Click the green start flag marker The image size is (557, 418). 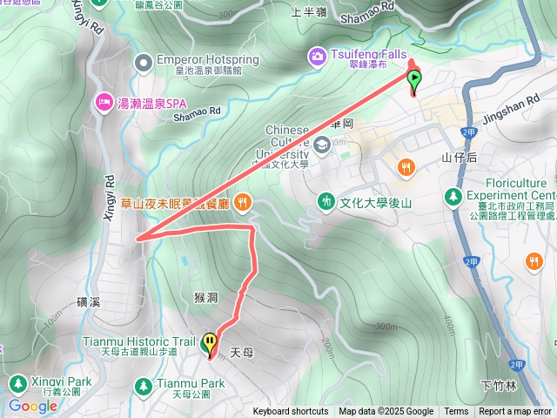(x=414, y=81)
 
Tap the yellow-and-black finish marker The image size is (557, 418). (x=210, y=343)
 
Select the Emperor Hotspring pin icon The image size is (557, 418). (x=144, y=61)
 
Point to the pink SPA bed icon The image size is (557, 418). (x=104, y=102)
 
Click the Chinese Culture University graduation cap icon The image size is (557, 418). (x=323, y=144)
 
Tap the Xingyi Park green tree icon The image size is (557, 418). (x=17, y=383)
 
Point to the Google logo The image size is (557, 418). (x=33, y=406)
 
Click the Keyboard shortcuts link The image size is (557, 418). (x=291, y=412)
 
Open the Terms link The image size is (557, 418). (x=456, y=412)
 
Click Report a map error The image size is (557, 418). (x=514, y=412)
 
